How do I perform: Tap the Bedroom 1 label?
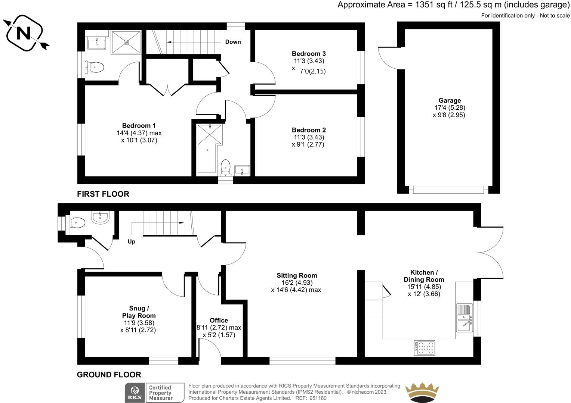click(139, 126)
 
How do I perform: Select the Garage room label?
click(450, 100)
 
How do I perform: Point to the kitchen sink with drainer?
click(464, 317)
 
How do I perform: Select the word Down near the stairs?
click(233, 42)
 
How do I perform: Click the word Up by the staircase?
click(131, 241)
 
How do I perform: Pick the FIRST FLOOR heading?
click(103, 194)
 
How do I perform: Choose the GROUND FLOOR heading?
click(109, 375)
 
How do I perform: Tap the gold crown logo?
click(422, 393)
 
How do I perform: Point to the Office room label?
click(219, 321)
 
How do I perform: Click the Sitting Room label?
click(297, 276)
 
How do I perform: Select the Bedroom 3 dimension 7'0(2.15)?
click(312, 71)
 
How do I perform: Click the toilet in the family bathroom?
click(225, 166)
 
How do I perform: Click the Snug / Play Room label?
click(139, 312)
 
